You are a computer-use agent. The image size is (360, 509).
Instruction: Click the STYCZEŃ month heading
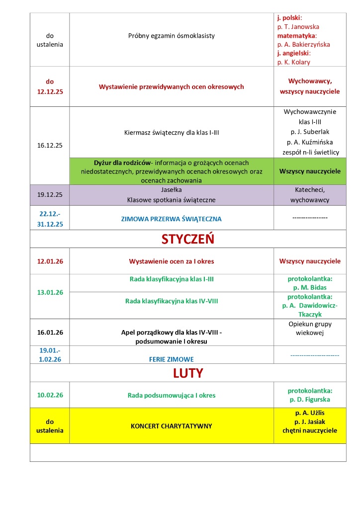coord(187,239)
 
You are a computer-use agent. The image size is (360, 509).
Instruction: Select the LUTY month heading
coord(187,372)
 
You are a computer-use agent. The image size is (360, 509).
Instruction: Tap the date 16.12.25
coord(50,146)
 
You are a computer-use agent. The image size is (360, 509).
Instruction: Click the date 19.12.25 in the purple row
coord(50,195)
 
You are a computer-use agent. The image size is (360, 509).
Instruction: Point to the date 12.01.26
coord(50,261)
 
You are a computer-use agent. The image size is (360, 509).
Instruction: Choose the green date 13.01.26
coord(50,292)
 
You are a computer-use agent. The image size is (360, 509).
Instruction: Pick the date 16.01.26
coord(50,332)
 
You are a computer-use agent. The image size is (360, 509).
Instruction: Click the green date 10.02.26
coord(50,395)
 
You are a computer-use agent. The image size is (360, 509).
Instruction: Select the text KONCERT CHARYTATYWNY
coord(172,426)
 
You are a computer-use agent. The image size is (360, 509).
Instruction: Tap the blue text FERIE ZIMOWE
coord(172,359)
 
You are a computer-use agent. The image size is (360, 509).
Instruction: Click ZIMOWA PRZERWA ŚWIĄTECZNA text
coord(172,219)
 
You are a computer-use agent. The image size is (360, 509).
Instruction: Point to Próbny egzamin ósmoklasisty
coord(172,36)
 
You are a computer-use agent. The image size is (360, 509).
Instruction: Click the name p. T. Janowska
coord(298,26)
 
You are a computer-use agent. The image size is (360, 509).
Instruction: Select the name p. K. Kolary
coord(294,62)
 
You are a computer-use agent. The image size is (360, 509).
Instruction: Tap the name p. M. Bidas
coord(310,288)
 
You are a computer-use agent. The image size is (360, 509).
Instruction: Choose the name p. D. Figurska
coord(310,400)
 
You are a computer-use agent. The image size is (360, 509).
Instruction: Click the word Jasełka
coord(172,190)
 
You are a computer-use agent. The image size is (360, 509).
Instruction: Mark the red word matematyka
coord(296,35)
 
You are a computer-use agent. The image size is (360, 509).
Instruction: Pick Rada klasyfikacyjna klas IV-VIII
coord(172,301)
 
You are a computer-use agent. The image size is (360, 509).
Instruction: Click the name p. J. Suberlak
coord(310,132)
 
